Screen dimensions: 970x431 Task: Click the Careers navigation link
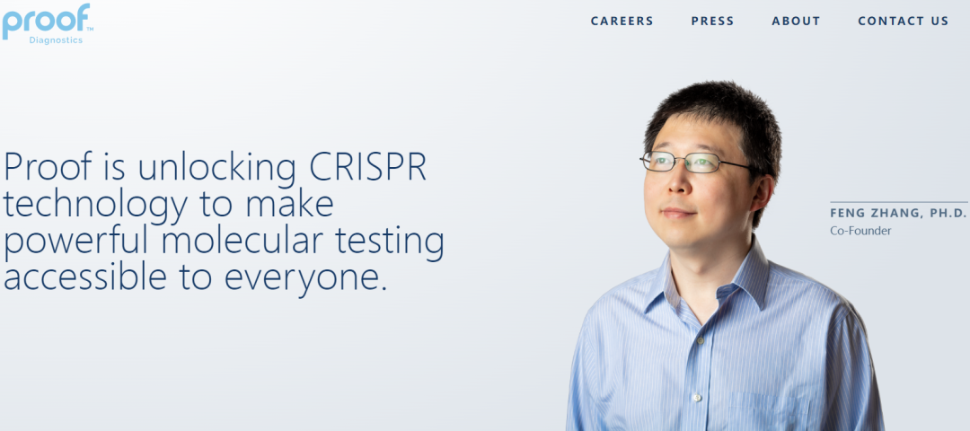click(622, 21)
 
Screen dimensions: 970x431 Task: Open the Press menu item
click(712, 21)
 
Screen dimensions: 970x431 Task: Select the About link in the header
click(796, 21)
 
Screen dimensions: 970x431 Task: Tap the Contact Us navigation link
click(903, 21)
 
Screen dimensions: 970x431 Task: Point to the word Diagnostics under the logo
click(56, 40)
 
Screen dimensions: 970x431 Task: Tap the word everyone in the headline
click(305, 278)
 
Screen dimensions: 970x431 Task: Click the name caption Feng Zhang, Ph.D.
click(897, 214)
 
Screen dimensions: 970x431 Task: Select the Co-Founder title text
click(860, 231)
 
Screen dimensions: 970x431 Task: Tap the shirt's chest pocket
click(770, 412)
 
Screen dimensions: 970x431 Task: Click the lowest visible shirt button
click(698, 398)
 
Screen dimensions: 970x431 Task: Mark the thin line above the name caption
click(898, 202)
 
